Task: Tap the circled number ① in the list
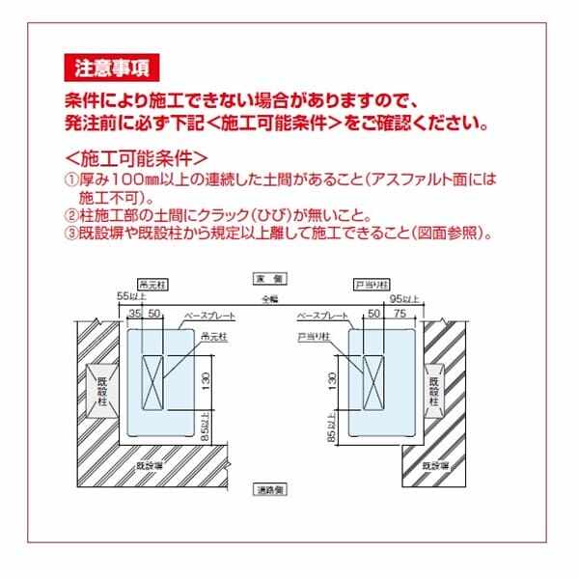[x=70, y=179]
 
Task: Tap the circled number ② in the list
[x=70, y=216]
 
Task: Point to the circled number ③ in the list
[x=70, y=234]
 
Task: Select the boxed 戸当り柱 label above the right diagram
[x=369, y=285]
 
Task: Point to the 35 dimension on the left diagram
[x=135, y=316]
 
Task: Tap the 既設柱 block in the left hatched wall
[x=99, y=391]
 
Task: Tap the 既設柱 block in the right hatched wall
[x=433, y=393]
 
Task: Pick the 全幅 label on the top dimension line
[x=266, y=300]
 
